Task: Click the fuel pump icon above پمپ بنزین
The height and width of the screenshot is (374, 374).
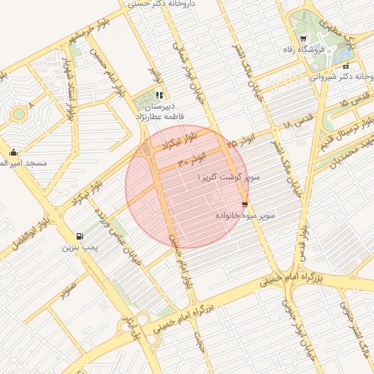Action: (79, 237)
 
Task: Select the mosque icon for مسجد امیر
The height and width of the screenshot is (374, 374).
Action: (13, 153)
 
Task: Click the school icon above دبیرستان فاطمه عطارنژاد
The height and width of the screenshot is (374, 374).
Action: (159, 95)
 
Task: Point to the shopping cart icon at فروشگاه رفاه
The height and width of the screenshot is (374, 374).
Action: (303, 38)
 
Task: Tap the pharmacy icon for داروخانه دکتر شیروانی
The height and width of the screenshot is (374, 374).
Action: (346, 66)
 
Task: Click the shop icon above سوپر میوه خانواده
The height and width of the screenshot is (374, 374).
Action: (244, 205)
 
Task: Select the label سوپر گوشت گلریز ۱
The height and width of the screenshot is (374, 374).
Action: (227, 178)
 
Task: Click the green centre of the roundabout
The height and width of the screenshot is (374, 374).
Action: (17, 114)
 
